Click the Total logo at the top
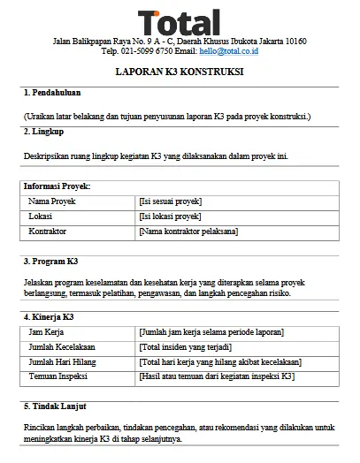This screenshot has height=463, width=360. [180, 22]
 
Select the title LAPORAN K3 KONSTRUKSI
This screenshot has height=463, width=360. [180, 72]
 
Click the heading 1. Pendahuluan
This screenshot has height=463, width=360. [53, 93]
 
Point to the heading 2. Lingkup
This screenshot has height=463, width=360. [45, 132]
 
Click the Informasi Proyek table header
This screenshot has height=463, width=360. [57, 187]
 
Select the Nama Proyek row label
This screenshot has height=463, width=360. [52, 201]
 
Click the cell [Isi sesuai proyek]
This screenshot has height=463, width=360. [171, 201]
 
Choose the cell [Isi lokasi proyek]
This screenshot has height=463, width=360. [170, 216]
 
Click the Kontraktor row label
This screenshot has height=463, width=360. [49, 231]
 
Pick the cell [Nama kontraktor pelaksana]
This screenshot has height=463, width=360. [188, 231]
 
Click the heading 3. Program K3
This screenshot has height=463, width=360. [51, 262]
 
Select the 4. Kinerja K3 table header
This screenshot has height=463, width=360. [49, 316]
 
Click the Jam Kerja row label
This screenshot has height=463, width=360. [47, 331]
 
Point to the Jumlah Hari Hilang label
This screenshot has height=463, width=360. [65, 361]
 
